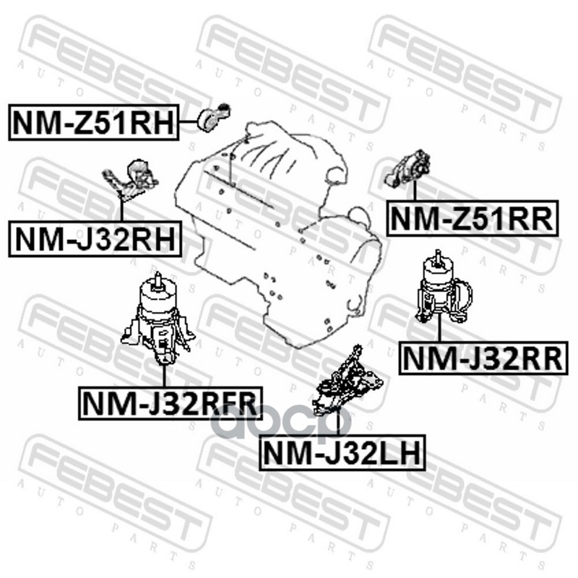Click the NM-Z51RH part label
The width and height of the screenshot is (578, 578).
coord(94,122)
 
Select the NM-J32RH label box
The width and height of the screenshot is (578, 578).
coord(95,239)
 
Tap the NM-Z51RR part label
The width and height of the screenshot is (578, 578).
coord(473,218)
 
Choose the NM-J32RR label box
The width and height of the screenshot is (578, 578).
coord(483,358)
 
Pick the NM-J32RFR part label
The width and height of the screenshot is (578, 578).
coord(170,403)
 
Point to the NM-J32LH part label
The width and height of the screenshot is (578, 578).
coord(342,453)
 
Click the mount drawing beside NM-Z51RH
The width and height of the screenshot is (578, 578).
coord(215,116)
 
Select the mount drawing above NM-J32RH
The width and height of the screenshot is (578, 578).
coord(131,180)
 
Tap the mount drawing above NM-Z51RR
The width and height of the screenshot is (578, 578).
coord(407,168)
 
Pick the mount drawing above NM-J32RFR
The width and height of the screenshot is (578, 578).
coord(158,319)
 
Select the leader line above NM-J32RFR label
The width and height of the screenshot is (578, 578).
coord(164,376)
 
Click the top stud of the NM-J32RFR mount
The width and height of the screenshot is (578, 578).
coord(158,278)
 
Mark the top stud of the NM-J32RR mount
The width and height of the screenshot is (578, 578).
coord(438,256)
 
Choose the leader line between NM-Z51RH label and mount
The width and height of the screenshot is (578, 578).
coord(189,122)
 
